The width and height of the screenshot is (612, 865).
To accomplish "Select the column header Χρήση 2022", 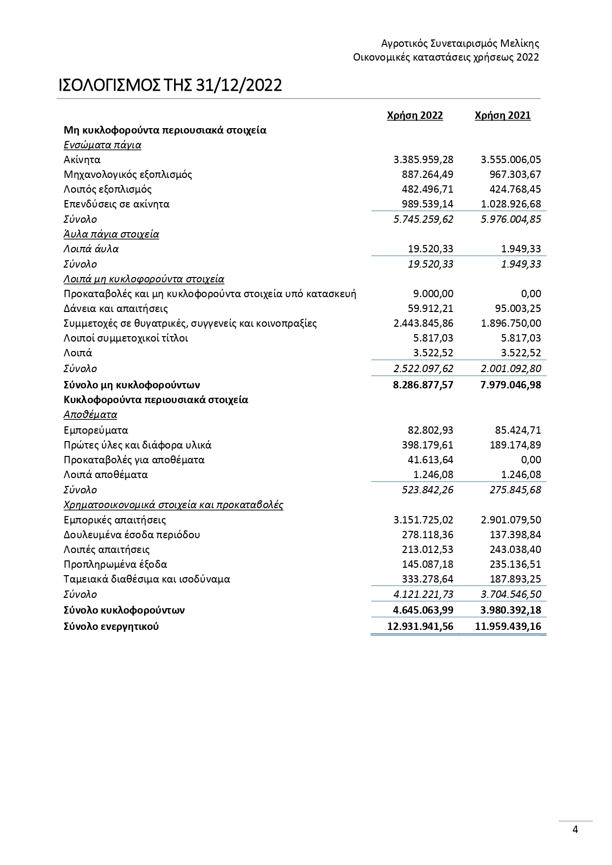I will [x=415, y=115].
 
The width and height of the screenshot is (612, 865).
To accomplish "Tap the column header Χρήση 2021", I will [x=503, y=115].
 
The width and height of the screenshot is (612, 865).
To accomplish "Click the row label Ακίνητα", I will [x=82, y=160].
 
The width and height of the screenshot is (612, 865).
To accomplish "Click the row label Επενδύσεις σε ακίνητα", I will [x=116, y=204].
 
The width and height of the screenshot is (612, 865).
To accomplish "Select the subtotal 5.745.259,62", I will [x=423, y=219].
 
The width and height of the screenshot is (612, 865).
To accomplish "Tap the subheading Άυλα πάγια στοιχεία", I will [x=111, y=234].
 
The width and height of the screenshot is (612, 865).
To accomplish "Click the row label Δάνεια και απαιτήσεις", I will [x=115, y=309].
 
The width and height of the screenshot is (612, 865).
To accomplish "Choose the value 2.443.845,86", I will [x=423, y=323].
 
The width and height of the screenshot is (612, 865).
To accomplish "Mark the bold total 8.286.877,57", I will [x=423, y=385].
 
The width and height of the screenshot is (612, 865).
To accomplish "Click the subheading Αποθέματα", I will [x=90, y=415].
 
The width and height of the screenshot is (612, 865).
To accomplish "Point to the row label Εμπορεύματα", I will [x=96, y=430].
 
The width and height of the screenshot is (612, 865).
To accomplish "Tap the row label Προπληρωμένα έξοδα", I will [x=115, y=564].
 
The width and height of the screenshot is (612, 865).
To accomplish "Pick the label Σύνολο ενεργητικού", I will [x=111, y=627].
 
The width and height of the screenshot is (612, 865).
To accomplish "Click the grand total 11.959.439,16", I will [x=508, y=627].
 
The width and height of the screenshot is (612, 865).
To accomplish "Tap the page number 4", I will [x=575, y=830].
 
